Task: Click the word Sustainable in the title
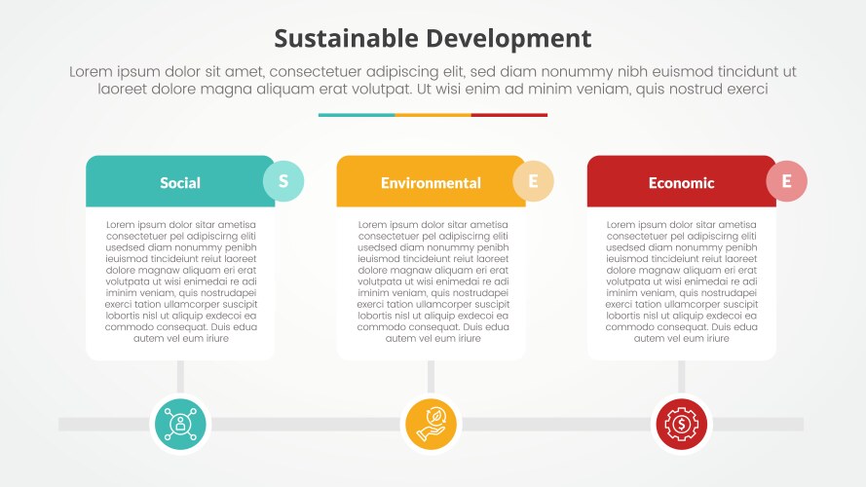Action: click(348, 39)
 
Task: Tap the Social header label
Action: click(180, 183)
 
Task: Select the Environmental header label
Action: click(431, 183)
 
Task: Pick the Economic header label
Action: click(681, 183)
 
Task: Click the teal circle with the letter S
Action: click(283, 181)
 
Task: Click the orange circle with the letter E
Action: click(533, 181)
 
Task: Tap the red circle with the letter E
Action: click(786, 181)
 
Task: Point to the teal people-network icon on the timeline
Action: click(180, 424)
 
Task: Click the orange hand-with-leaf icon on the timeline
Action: click(431, 424)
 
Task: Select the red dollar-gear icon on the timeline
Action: click(682, 424)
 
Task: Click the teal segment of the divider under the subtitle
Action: click(357, 115)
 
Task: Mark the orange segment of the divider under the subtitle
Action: click(433, 115)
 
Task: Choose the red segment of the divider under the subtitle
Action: click(509, 115)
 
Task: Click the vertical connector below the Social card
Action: click(180, 376)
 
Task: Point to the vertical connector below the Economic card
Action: click(682, 376)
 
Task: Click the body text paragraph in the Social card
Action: click(180, 281)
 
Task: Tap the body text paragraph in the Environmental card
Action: click(432, 281)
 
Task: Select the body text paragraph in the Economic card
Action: click(682, 281)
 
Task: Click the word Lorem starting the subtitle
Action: click(93, 71)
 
